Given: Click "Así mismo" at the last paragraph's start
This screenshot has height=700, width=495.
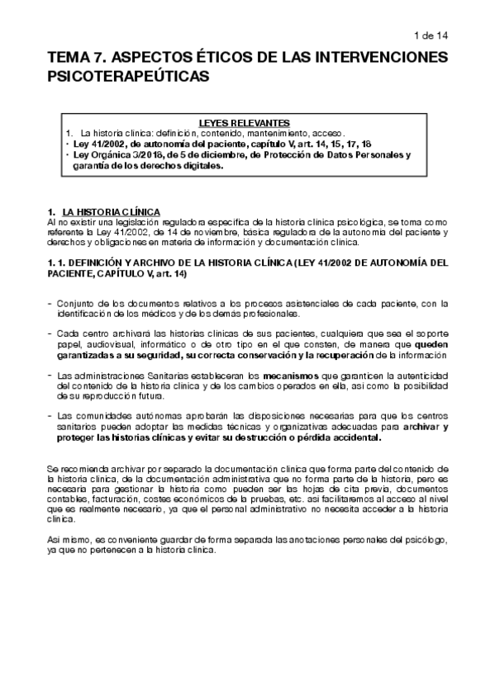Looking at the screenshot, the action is point(66,540).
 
